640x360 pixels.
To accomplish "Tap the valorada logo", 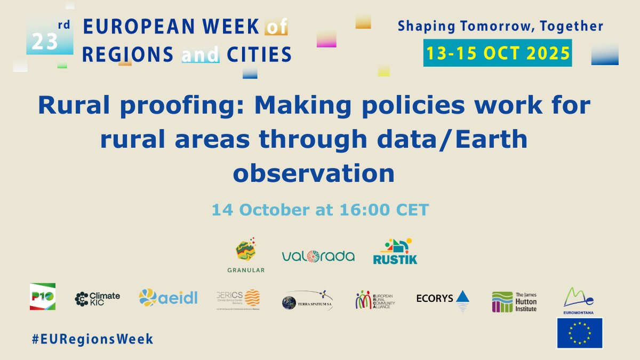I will (318, 256).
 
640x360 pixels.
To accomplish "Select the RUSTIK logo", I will (395, 251).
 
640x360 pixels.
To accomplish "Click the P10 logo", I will (43, 297).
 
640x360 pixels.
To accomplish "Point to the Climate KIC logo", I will (98, 299).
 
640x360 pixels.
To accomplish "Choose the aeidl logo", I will (168, 298).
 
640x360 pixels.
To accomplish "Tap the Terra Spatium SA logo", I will (307, 301).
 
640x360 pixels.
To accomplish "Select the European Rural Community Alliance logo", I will (375, 300).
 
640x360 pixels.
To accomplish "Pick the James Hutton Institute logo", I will (514, 301).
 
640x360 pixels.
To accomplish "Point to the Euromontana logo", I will (579, 299).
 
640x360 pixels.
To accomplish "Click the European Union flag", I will (580, 333).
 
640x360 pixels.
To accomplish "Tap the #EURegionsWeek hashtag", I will (92, 339).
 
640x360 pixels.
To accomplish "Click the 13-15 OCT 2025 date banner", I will (497, 53).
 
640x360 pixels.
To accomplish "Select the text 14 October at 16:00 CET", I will (320, 210).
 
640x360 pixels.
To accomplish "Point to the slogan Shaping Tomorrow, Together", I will (500, 26).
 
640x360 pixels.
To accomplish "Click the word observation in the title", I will (314, 173).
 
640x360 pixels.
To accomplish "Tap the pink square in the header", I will (326, 38).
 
